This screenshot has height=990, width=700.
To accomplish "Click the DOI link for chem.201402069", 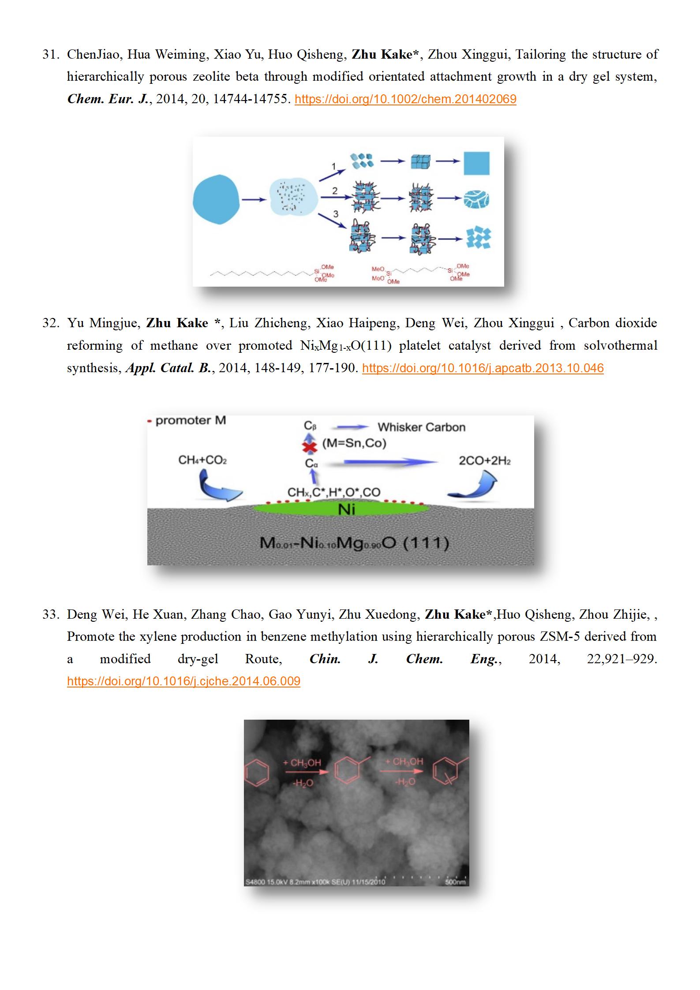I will tap(405, 99).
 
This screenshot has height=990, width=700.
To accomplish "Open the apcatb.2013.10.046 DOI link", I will tap(483, 368).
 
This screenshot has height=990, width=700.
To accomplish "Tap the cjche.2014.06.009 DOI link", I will tap(183, 681).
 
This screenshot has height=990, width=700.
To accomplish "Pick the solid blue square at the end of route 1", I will tap(476, 163).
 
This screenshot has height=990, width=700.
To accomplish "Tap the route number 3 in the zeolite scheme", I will tap(336, 214).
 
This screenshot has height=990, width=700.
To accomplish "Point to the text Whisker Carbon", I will tap(421, 427).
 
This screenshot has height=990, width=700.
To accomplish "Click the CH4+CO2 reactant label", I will tap(202, 460).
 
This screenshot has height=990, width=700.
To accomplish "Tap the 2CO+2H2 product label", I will tap(485, 461).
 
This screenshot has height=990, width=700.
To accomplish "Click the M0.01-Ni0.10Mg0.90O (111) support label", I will tap(354, 542).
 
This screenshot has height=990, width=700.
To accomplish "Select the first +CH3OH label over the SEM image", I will tap(302, 762).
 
